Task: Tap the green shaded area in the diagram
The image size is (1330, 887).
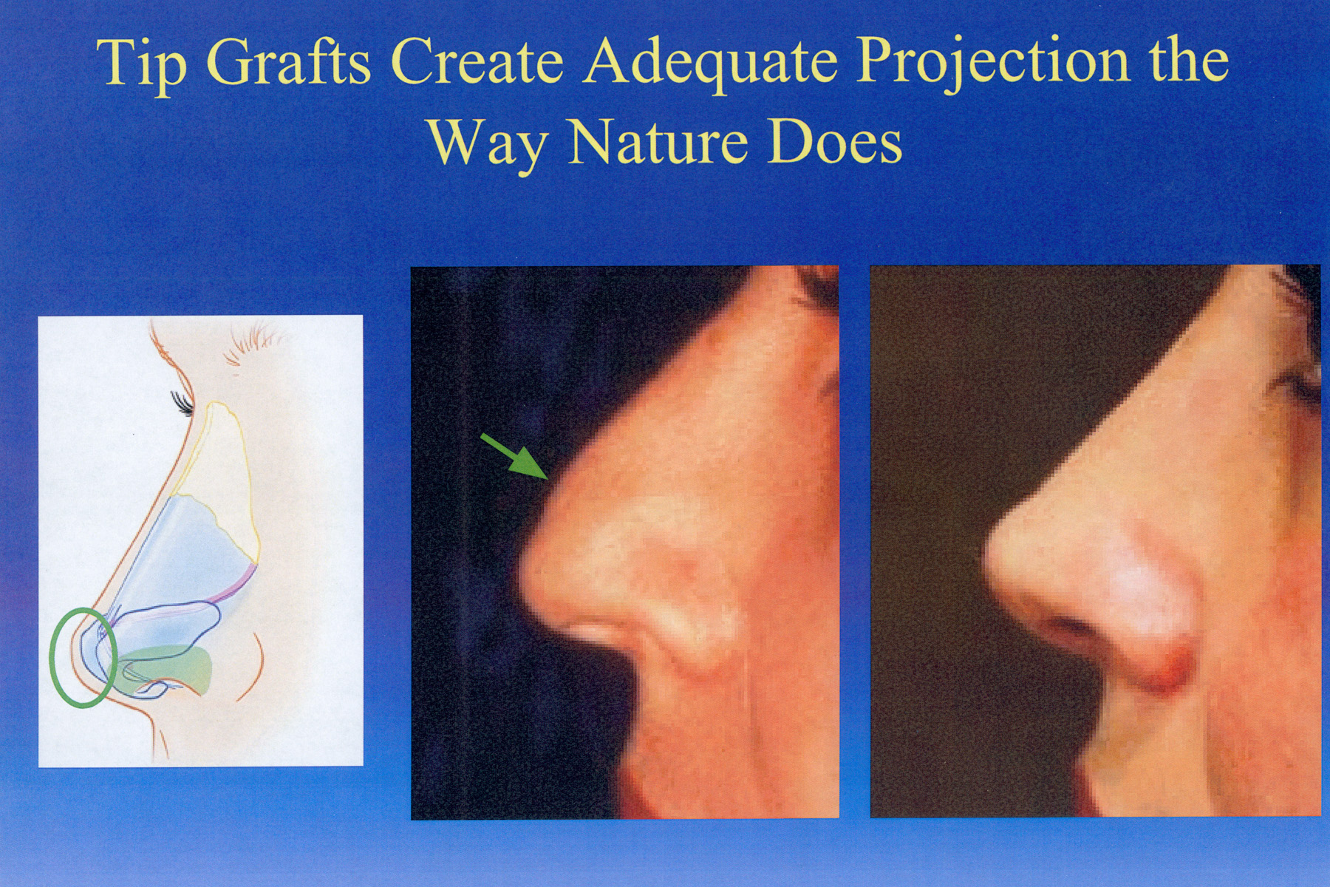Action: coord(166,665)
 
